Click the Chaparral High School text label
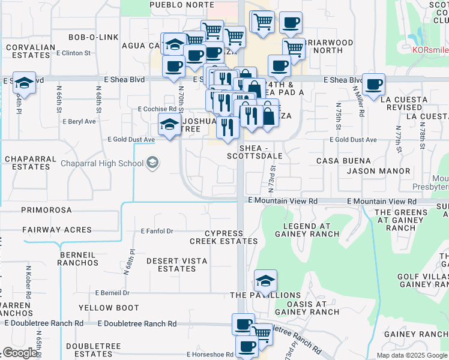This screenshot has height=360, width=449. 101,163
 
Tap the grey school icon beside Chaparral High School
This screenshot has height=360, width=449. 152,163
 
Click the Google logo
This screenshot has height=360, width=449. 20,353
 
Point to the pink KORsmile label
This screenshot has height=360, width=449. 430,49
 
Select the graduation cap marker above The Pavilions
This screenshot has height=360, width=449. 265,280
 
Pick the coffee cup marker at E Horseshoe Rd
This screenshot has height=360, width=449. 247,346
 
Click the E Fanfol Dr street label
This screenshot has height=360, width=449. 157,231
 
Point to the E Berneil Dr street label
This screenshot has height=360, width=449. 112,293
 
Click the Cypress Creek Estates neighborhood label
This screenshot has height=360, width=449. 223,237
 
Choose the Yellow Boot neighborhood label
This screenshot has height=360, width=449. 109,308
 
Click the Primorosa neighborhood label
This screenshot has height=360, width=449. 46,210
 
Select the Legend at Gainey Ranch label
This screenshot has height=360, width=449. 306,229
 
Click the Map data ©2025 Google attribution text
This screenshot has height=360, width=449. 412,355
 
